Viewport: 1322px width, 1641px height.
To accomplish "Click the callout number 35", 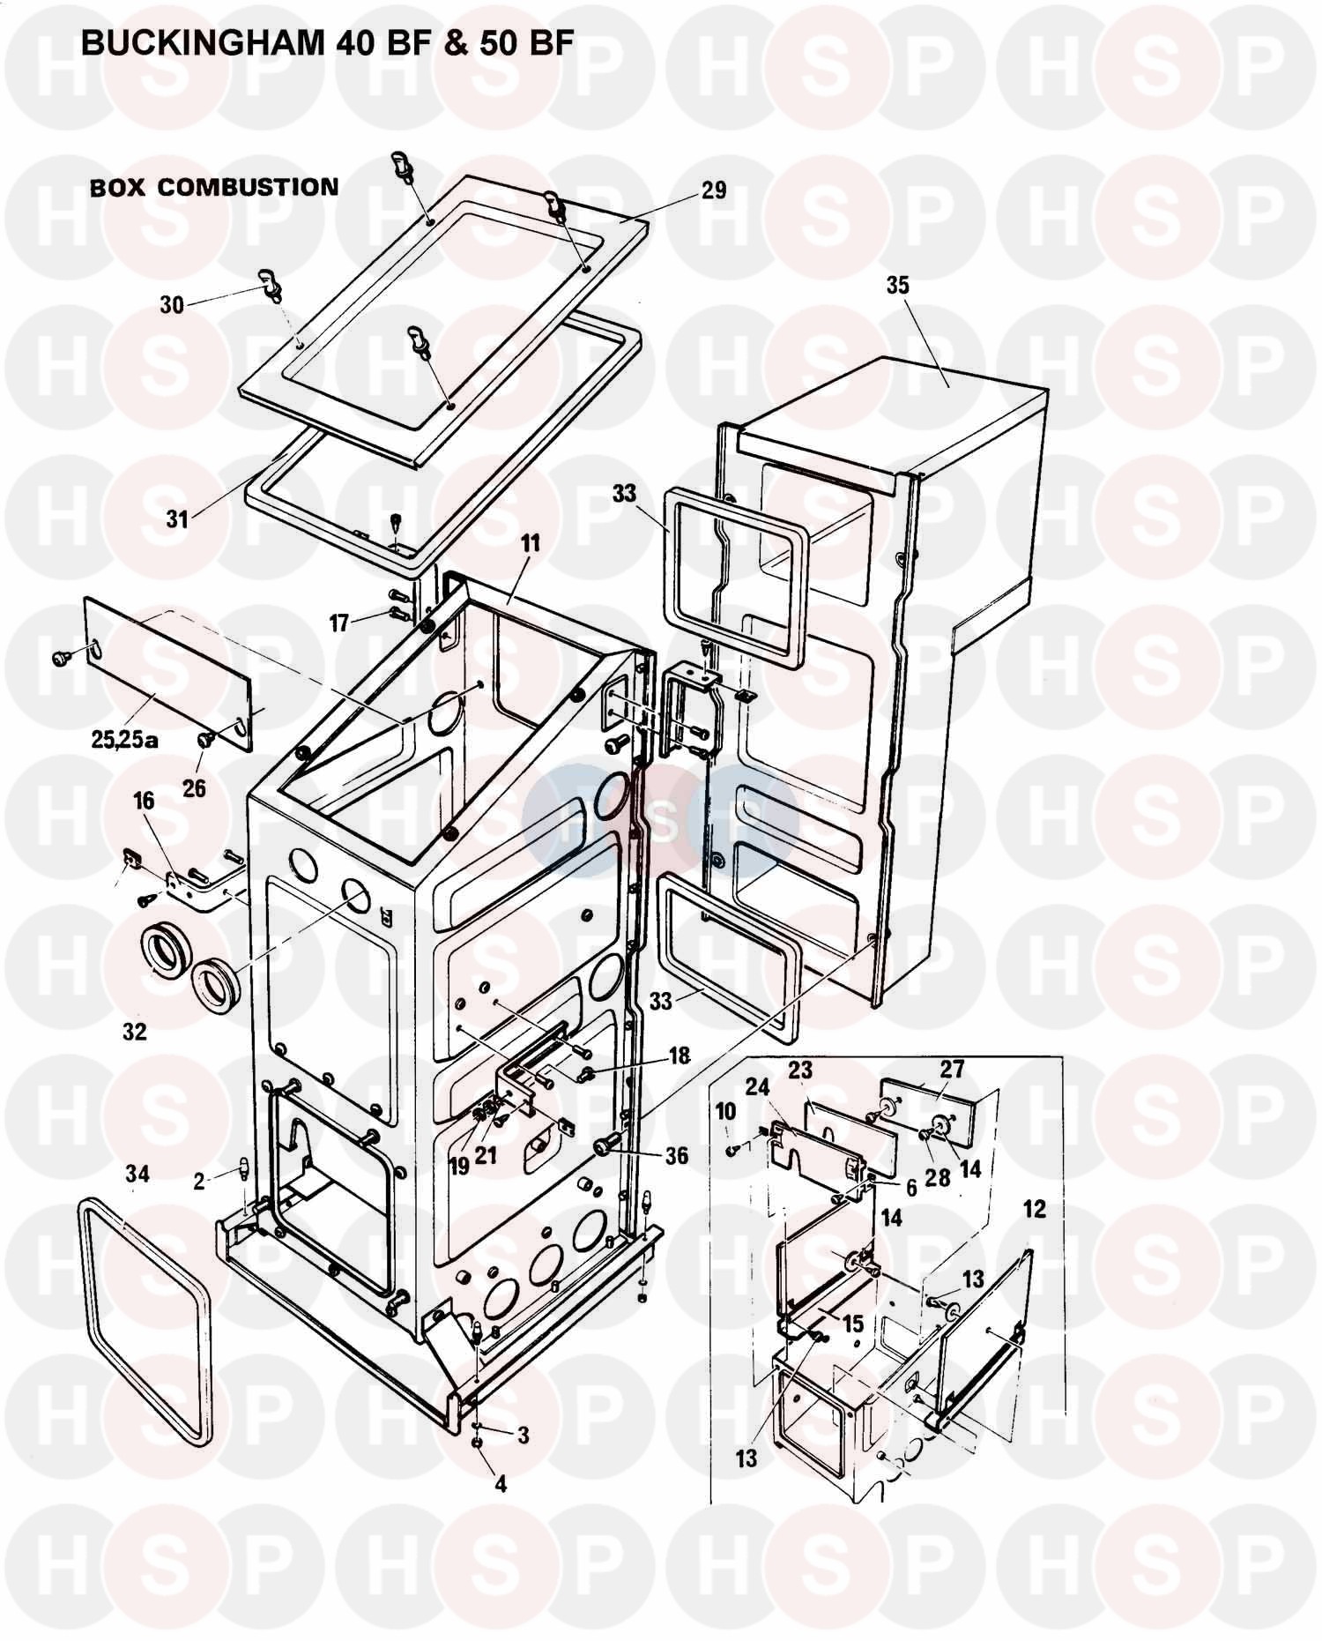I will coord(897,285).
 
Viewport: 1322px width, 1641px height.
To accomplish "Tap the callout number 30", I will coord(172,305).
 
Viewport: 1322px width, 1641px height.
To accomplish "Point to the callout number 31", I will coord(178,519).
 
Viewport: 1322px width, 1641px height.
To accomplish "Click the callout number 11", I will coord(529,542).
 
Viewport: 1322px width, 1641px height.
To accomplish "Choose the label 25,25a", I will coord(123,739).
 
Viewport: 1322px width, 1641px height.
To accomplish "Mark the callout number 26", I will coord(194,787).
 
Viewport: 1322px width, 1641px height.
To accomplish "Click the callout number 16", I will coord(144,801).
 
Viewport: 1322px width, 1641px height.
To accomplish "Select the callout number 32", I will coord(134,1031).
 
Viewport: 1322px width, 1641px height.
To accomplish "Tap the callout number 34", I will coord(137,1174).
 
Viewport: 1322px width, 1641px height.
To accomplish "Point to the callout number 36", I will coord(677,1155).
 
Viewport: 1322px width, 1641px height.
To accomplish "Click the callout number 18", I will coord(680,1055).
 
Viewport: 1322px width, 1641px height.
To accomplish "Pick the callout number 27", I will coord(952,1069).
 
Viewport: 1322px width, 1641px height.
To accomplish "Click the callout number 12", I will coord(1034,1209).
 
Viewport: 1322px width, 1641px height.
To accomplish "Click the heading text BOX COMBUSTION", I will coord(214,188).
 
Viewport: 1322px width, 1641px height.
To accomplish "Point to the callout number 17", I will coord(339,623).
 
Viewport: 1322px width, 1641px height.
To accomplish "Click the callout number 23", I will coord(800,1070).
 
